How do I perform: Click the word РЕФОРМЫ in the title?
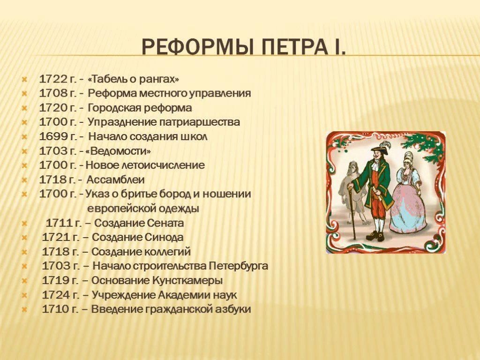196,47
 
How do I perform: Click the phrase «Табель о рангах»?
133,79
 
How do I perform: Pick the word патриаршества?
199,122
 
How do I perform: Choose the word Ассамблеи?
115,180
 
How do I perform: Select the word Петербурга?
239,266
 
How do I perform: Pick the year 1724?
56,295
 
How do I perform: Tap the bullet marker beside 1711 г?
24,224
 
